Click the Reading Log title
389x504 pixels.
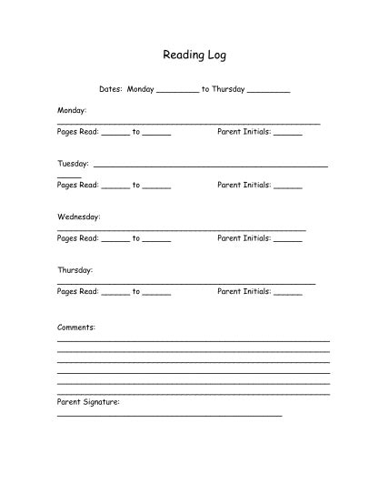(x=194, y=55)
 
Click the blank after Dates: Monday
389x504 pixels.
(x=177, y=91)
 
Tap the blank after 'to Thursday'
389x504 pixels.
(x=268, y=91)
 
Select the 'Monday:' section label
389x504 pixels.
(x=72, y=110)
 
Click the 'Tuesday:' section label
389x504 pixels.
(x=73, y=164)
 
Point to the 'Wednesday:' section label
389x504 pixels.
(x=78, y=217)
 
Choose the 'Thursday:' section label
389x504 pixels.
(x=75, y=270)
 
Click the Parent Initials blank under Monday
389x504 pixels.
(x=287, y=134)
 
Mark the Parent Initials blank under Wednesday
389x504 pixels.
(x=287, y=240)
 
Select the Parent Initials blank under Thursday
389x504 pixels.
(x=287, y=294)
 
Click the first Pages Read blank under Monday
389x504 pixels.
(x=115, y=134)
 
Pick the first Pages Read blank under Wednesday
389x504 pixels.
(x=115, y=240)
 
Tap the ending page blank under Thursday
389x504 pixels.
(x=156, y=294)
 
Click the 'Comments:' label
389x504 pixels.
(x=75, y=326)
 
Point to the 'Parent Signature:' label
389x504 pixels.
(x=87, y=400)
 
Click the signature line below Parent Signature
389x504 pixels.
(x=169, y=415)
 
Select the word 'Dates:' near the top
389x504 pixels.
(x=111, y=89)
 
